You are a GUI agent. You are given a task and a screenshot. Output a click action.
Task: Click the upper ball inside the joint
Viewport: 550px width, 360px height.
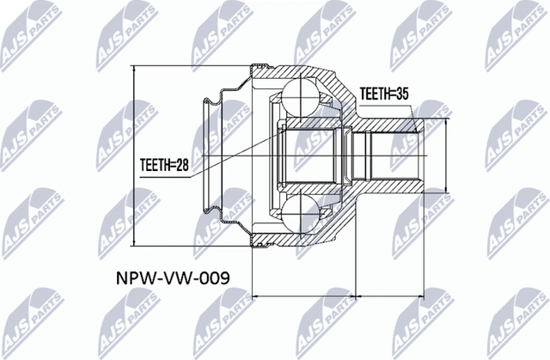click(x=300, y=96)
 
